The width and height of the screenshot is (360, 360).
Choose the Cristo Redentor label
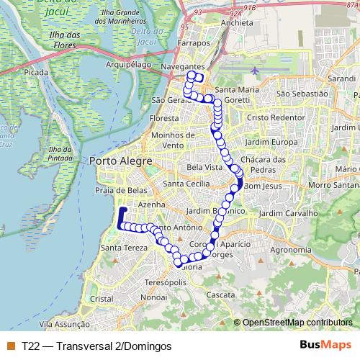(x=272, y=117)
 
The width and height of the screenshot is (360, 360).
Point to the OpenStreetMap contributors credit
(x=298, y=322)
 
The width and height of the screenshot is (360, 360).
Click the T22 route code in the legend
(x=31, y=346)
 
